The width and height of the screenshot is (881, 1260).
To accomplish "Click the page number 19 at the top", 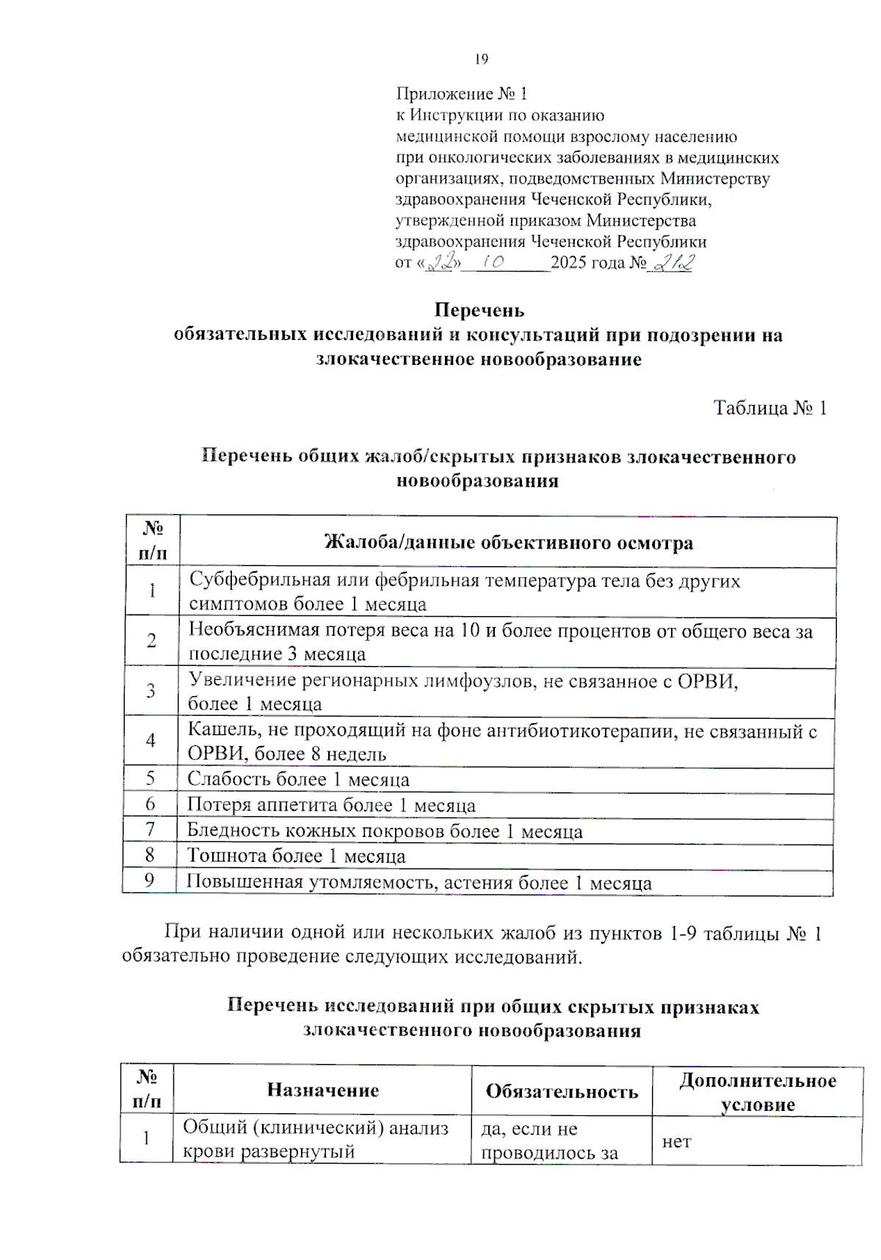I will pos(482,59).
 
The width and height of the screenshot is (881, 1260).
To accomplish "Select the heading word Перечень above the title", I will pos(479,310).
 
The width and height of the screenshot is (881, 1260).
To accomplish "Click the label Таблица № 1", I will pos(770,408).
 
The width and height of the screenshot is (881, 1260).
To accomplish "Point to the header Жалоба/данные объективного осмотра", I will pos(508,543).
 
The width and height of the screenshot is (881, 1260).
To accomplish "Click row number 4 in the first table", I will pos(151,740).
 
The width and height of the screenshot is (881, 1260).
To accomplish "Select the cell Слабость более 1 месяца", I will pos(298,779).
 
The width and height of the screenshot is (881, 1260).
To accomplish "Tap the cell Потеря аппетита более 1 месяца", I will pos(331,805).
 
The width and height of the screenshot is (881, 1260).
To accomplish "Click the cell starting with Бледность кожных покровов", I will pos(385,831).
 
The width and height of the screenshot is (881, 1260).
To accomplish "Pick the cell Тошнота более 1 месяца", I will pos(296,856).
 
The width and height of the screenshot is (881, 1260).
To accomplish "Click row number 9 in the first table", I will pos(150,880).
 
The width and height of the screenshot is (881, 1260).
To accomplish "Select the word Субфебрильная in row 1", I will pos(260,581).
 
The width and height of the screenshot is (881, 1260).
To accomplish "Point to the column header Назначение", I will pos(323,1090).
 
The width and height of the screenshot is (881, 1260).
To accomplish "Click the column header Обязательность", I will pos(562,1091).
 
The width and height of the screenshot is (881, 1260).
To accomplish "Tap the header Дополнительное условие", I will pos(758,1092).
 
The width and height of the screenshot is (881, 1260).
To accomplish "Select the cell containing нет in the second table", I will pos(676,1142).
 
